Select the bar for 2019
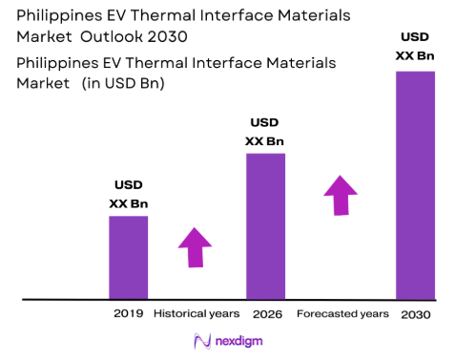128,257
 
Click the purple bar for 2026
265,225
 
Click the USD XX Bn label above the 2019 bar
128,194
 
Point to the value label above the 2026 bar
265,132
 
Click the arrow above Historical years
197,247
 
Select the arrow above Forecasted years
340,197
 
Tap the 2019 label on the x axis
128,314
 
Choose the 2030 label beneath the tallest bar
416,314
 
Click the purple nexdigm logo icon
201,341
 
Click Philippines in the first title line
56,16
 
